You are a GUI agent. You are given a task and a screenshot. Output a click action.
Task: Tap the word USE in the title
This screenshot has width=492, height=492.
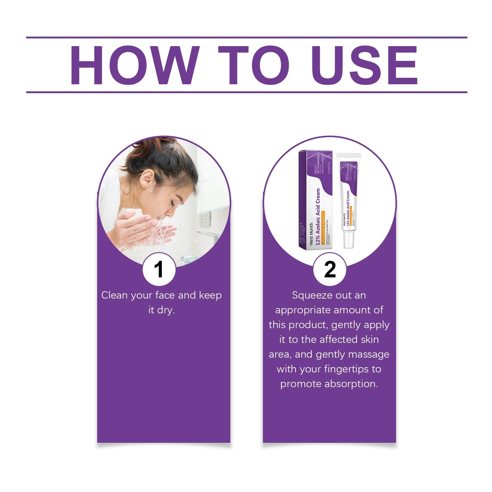click(x=365, y=65)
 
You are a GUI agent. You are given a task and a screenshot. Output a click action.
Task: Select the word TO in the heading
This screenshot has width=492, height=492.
click(x=253, y=65)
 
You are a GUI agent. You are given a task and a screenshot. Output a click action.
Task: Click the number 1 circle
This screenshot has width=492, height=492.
click(x=159, y=269)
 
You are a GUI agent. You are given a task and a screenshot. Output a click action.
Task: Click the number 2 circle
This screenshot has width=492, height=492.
click(x=330, y=269)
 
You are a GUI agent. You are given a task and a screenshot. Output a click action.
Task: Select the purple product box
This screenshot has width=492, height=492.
click(x=315, y=200)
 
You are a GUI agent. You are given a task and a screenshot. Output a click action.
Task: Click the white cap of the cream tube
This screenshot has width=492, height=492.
click(x=349, y=240)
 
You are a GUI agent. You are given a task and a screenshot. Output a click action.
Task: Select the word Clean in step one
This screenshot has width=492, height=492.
click(x=114, y=296)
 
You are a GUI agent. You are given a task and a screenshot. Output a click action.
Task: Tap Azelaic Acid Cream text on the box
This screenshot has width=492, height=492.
click(x=318, y=215)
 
